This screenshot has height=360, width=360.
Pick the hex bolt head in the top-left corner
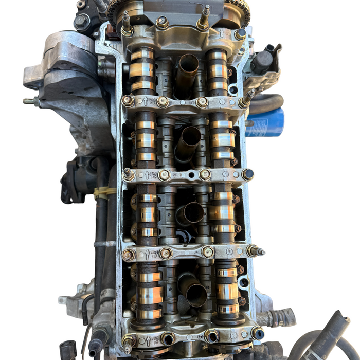coord(81,22)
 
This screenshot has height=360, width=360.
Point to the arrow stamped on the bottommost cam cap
coord(149,340)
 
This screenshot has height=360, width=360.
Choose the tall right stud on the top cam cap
coord(205,18)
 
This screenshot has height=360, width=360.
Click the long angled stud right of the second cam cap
coord(247,98)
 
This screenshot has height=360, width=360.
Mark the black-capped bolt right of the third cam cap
coord(248,174)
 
